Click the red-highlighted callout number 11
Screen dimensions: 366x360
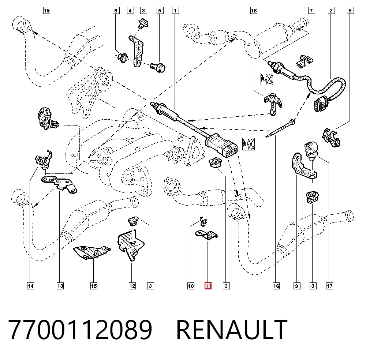[x=208, y=286]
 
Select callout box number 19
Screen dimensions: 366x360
[x=47, y=11]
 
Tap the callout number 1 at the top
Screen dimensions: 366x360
[x=175, y=11]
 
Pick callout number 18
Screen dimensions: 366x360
[x=254, y=11]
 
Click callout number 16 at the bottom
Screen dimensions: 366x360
[x=276, y=286]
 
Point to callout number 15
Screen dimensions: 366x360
[x=94, y=286]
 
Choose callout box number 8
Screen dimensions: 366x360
[x=350, y=11]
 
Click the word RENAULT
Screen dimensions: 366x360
[x=232, y=330]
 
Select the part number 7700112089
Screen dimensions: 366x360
[x=80, y=330]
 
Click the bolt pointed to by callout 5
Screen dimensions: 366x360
[x=158, y=67]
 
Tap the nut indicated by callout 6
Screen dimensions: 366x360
[x=123, y=57]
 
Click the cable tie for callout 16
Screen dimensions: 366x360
[x=280, y=128]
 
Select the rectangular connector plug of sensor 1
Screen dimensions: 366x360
[x=221, y=146]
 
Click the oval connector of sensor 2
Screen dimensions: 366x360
[x=321, y=104]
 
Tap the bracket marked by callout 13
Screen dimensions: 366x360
[x=59, y=184]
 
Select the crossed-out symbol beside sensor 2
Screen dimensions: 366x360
[x=266, y=79]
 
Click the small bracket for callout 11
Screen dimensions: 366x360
[x=206, y=235]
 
